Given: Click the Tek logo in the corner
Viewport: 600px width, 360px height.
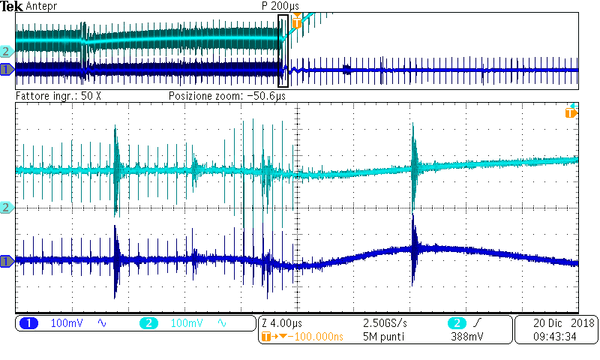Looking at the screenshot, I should tap(10, 6).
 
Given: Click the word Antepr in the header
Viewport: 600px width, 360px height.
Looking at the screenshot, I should tap(40, 6).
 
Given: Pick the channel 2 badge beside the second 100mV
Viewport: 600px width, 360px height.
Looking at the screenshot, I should tap(148, 323).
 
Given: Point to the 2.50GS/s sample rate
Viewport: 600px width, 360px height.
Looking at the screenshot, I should tap(385, 323).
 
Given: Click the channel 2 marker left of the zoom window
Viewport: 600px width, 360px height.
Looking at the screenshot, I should tap(7, 207).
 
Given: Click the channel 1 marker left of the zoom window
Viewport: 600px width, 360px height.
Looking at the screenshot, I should tap(7, 261).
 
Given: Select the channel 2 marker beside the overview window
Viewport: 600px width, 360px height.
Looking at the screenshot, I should tap(7, 52).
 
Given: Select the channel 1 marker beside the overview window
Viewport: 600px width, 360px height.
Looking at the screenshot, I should tap(7, 70).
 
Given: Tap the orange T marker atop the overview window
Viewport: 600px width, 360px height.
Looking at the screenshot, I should tap(297, 22).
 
